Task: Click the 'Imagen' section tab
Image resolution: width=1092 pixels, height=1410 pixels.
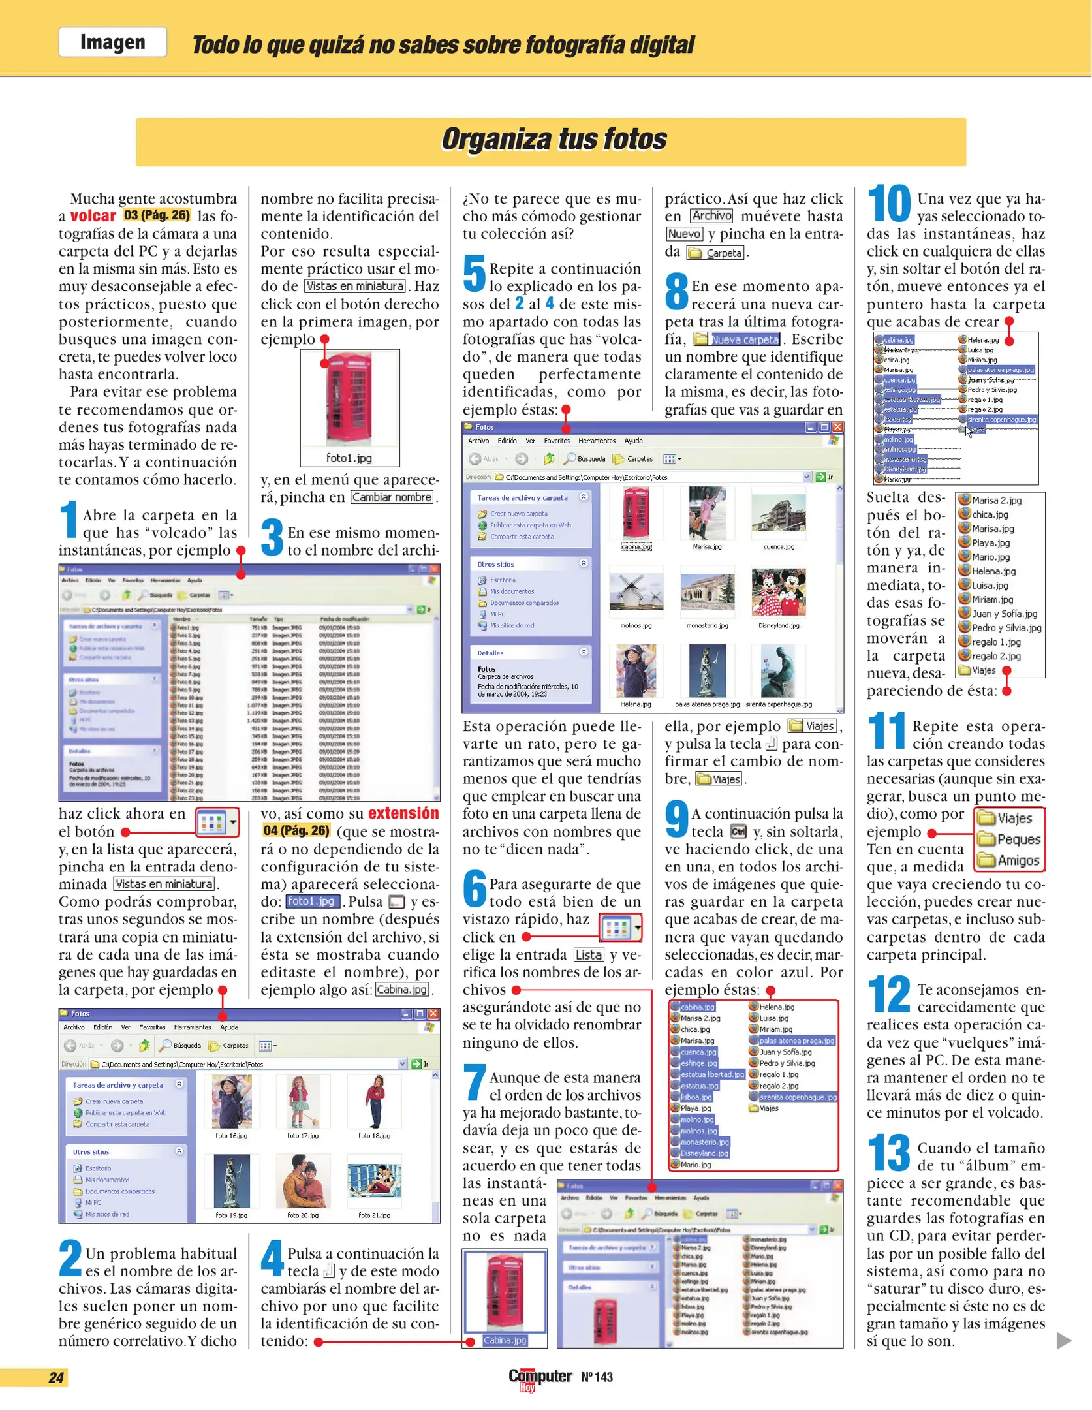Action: [x=112, y=42]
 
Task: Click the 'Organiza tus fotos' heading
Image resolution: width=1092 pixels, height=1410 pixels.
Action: [x=554, y=140]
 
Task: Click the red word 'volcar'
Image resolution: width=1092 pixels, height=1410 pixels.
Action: [x=93, y=216]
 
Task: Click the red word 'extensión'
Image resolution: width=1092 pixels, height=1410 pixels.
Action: [x=403, y=813]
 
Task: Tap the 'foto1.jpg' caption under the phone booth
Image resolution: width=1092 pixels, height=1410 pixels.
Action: [x=349, y=458]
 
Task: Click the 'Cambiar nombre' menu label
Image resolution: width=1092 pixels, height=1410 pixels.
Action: [x=392, y=497]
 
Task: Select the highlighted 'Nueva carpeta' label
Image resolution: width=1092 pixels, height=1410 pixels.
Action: [x=744, y=339]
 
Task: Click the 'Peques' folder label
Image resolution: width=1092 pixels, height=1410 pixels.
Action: [x=1018, y=839]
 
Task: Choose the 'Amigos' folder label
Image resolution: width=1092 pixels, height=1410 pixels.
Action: [x=1018, y=860]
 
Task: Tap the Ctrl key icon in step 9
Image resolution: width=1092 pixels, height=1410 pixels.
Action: [x=738, y=832]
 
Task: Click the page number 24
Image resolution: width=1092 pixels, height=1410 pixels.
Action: [x=56, y=1378]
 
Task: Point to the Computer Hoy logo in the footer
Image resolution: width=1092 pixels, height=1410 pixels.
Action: [x=540, y=1378]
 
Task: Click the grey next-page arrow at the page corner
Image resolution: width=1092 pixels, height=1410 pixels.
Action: [x=1064, y=1341]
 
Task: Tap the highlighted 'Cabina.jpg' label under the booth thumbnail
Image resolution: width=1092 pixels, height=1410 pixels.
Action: [x=505, y=1341]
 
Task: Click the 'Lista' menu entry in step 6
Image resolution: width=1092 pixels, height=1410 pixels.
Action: [x=589, y=955]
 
